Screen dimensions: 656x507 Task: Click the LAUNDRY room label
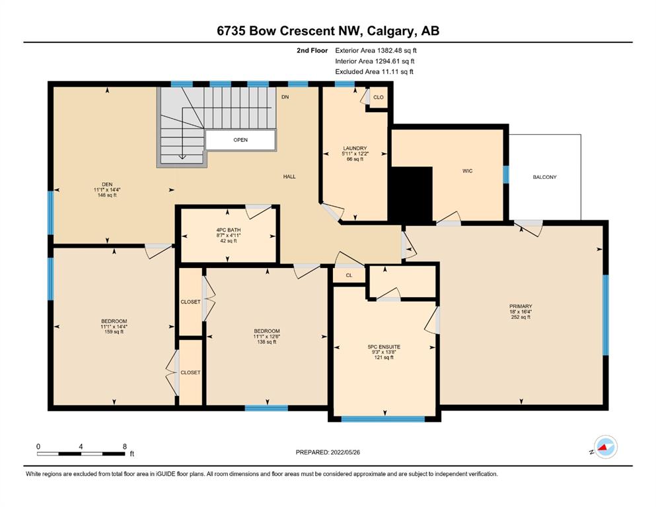(355, 149)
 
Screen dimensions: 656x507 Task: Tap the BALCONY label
(544, 177)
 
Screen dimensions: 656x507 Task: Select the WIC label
(467, 171)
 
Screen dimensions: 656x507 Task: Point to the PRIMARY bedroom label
(521, 306)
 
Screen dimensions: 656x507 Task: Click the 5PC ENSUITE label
(384, 347)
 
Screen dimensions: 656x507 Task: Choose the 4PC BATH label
(229, 230)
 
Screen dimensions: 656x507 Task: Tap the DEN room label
(107, 185)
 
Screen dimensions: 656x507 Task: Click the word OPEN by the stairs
(240, 140)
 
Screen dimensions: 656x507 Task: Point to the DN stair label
(285, 97)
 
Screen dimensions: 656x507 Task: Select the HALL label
(289, 177)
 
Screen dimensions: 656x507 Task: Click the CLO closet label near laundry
(378, 98)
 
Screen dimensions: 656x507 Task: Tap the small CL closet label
(349, 275)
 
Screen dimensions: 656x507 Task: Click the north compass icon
(605, 447)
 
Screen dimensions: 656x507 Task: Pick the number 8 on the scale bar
(125, 446)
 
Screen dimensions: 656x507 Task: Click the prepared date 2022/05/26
(345, 452)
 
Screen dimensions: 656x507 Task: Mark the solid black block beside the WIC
(412, 193)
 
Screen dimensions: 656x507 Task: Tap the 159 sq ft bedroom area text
(114, 332)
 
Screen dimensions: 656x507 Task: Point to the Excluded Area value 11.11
(390, 71)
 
